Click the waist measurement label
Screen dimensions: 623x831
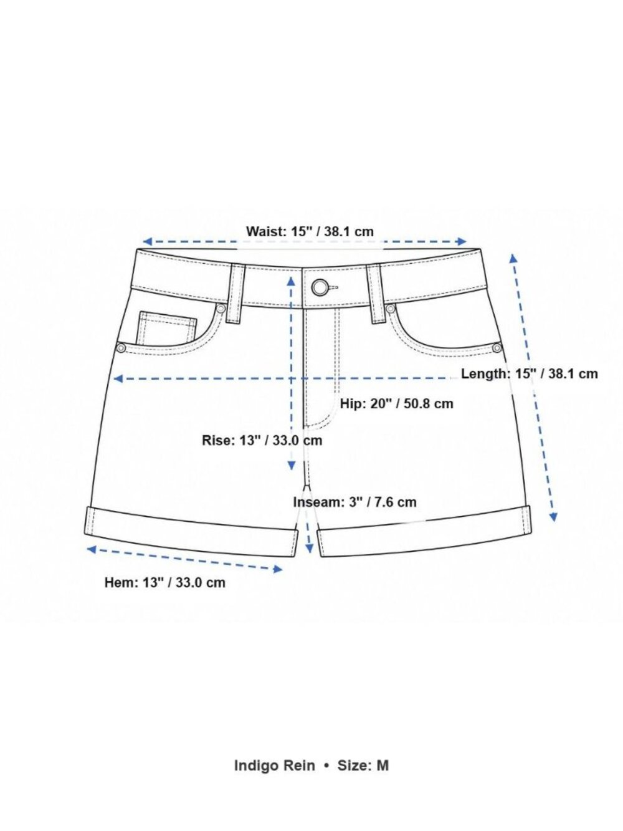click(x=310, y=231)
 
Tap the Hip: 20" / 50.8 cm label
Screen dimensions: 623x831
click(x=396, y=404)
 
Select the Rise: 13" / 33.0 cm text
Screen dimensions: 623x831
click(x=262, y=440)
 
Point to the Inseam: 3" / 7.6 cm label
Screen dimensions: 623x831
click(x=355, y=502)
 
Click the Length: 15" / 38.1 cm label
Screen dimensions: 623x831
click(x=530, y=373)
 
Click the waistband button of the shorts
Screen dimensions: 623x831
click(x=320, y=287)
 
